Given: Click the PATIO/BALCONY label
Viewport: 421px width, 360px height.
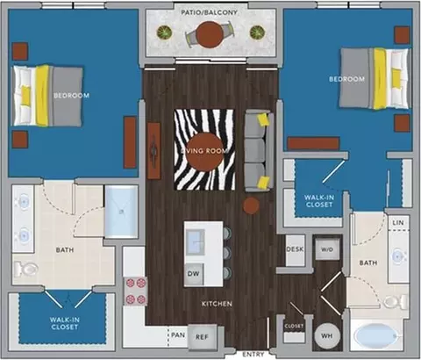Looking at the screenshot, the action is tap(209, 12).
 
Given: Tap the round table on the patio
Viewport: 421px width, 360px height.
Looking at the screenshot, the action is tap(210, 35).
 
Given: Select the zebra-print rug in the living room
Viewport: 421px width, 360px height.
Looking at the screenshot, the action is tap(204, 149).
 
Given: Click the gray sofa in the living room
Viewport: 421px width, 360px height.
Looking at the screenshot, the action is tap(260, 150).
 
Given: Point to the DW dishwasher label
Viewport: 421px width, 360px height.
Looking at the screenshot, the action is tap(193, 274).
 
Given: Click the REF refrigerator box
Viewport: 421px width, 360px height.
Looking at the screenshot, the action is tap(202, 336).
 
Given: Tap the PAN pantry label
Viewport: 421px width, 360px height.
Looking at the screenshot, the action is tap(178, 335).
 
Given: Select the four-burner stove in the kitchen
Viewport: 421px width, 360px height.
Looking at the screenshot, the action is tap(135, 291).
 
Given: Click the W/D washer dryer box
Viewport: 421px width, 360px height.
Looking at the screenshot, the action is tap(327, 249).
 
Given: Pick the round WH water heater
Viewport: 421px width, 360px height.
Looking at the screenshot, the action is tap(326, 335).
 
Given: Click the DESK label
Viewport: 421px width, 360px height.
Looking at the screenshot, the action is tap(295, 249).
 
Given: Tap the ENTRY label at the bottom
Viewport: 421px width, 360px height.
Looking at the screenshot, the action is tap(253, 355).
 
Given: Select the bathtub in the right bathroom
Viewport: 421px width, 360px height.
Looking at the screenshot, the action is tap(377, 335).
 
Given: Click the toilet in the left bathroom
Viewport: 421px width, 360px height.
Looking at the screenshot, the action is tap(26, 268).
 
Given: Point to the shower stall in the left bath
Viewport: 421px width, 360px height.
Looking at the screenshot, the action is tap(121, 212).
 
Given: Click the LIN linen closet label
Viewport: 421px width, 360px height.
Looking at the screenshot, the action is tap(398, 223).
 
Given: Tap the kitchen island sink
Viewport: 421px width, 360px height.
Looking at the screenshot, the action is tap(196, 242).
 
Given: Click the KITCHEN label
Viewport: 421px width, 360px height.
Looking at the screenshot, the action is tap(217, 304).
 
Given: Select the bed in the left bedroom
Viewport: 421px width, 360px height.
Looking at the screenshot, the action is tap(47, 96).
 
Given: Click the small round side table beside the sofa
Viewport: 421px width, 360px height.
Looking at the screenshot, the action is tap(251, 205).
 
